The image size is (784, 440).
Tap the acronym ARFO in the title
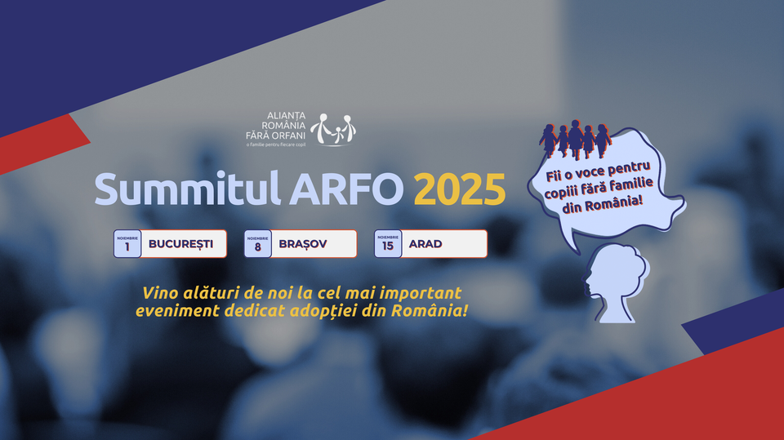(346, 189)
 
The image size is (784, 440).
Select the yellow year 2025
(460, 189)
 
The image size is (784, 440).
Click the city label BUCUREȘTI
(181, 244)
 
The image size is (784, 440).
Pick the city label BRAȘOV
(302, 244)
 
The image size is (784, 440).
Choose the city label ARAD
(425, 244)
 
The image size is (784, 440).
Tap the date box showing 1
(127, 243)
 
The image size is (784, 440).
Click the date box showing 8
(257, 243)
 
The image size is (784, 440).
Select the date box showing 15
(388, 243)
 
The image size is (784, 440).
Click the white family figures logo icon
(333, 129)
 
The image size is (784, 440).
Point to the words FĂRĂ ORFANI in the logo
(275, 135)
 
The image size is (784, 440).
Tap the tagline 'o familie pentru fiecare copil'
(275, 144)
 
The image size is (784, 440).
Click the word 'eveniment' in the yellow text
(177, 310)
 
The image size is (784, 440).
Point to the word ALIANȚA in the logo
(287, 116)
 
